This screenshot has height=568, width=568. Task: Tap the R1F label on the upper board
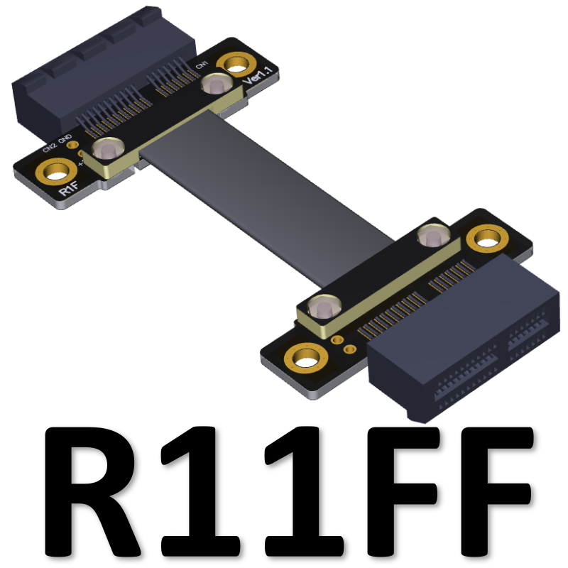click(68, 190)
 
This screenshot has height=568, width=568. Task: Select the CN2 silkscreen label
click(49, 148)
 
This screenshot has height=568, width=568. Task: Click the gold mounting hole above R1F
click(53, 171)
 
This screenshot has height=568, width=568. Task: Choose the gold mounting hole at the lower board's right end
click(488, 239)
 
